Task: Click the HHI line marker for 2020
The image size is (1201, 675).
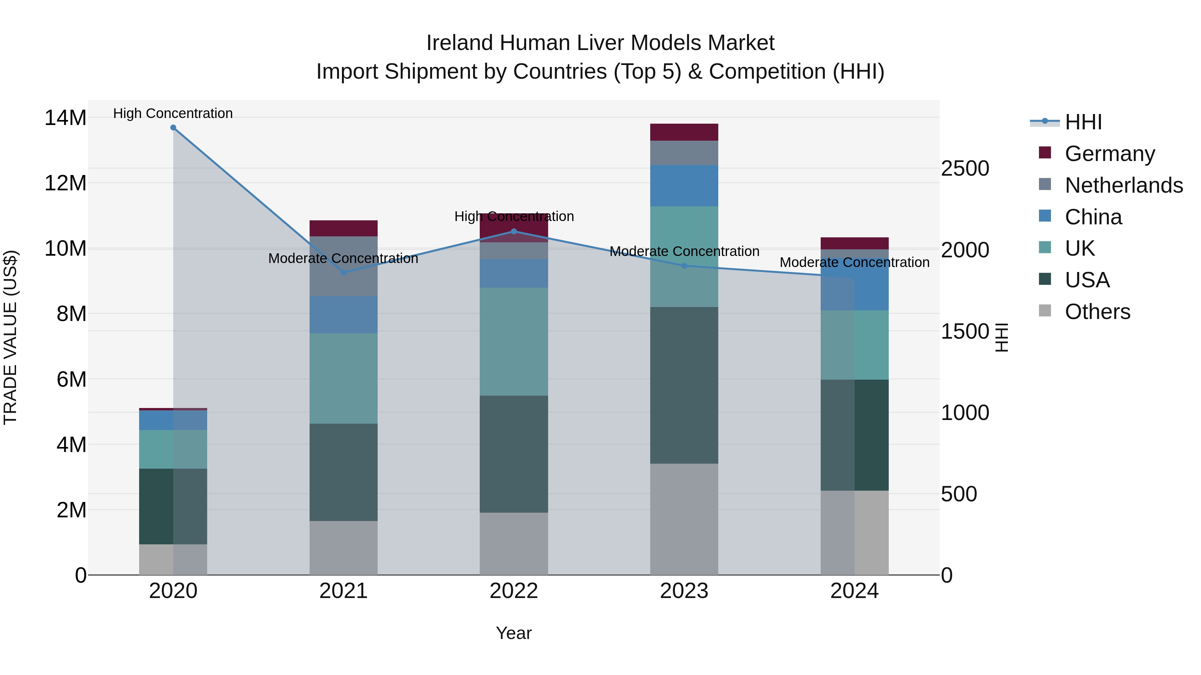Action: pyautogui.click(x=173, y=128)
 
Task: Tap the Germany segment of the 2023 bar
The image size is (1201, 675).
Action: pyautogui.click(x=684, y=132)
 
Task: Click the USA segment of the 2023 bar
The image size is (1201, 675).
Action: pyautogui.click(x=684, y=385)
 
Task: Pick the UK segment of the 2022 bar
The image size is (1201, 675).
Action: pyautogui.click(x=514, y=341)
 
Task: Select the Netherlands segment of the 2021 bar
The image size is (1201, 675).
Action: pyautogui.click(x=344, y=266)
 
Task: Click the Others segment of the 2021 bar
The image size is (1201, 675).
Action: pyautogui.click(x=344, y=548)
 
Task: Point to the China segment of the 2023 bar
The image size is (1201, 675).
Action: pyautogui.click(x=684, y=185)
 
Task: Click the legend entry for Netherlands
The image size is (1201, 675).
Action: pyautogui.click(x=1124, y=185)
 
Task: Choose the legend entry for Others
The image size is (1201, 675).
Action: pyautogui.click(x=1098, y=312)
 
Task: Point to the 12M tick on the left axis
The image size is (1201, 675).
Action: pyautogui.click(x=65, y=183)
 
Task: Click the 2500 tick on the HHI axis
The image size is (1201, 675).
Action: pyautogui.click(x=964, y=169)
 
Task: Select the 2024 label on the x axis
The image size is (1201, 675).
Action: pyautogui.click(x=854, y=591)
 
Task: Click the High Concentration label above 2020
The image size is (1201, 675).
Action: pyautogui.click(x=173, y=113)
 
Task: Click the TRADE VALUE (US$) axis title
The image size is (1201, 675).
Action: pyautogui.click(x=10, y=337)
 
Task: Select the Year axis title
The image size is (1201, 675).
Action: pyautogui.click(x=514, y=633)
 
